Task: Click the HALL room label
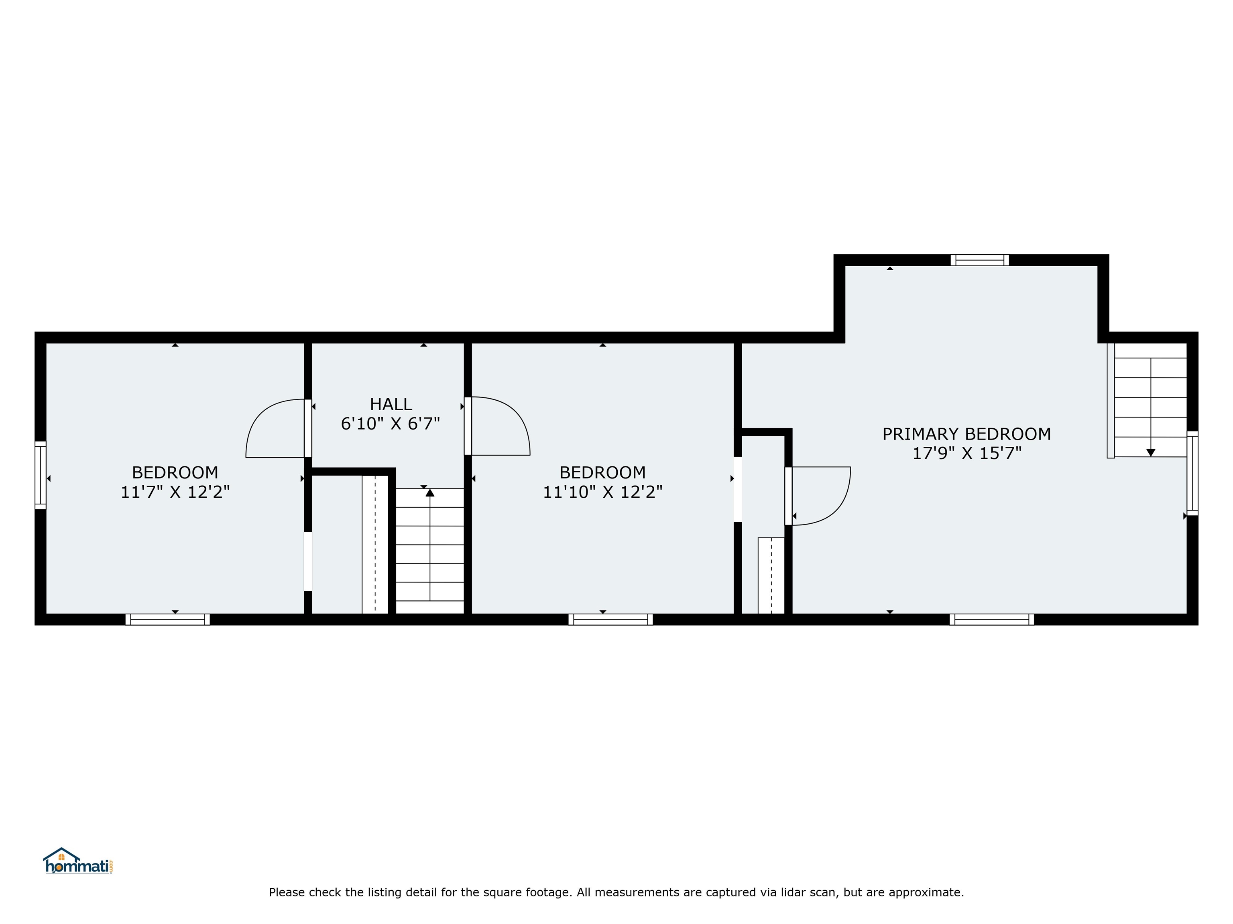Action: (x=391, y=404)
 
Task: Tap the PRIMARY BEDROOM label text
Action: (x=966, y=434)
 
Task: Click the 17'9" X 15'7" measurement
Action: (x=966, y=453)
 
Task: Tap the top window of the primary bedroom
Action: (x=979, y=260)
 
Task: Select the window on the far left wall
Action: (x=40, y=475)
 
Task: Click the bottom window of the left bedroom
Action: (x=167, y=619)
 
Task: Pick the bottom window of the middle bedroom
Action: (x=610, y=619)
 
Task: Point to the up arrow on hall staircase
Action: (x=430, y=492)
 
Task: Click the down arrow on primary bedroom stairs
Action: (x=1150, y=452)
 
